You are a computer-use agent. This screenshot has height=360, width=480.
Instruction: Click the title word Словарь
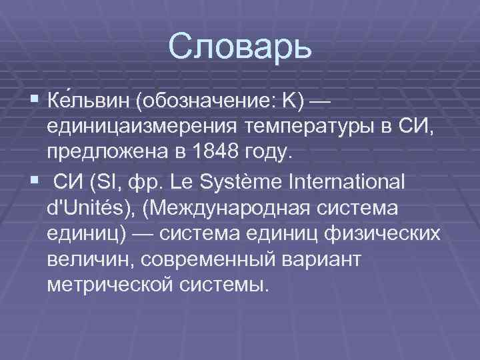[x=240, y=48]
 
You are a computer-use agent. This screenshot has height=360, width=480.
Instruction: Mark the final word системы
[x=227, y=285]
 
